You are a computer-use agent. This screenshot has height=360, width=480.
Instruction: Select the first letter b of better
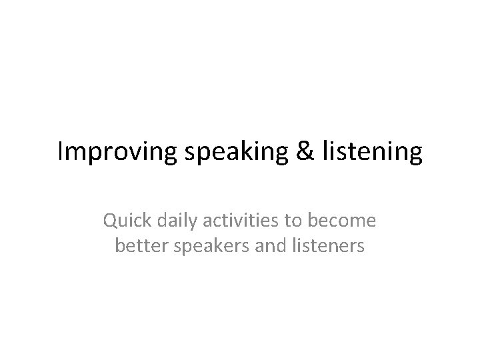121,246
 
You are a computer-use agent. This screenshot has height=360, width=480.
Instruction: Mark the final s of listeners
361,247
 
